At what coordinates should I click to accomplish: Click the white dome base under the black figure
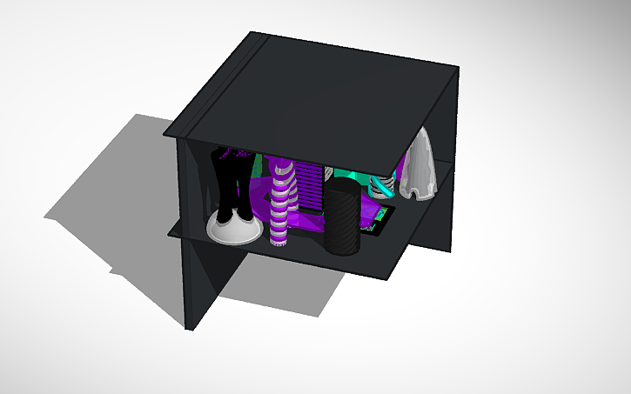[233, 228]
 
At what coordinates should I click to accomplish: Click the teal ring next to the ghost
[382, 186]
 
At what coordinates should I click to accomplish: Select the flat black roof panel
[313, 96]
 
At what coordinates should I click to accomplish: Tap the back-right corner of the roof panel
[454, 70]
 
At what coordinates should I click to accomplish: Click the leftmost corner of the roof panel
[164, 134]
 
